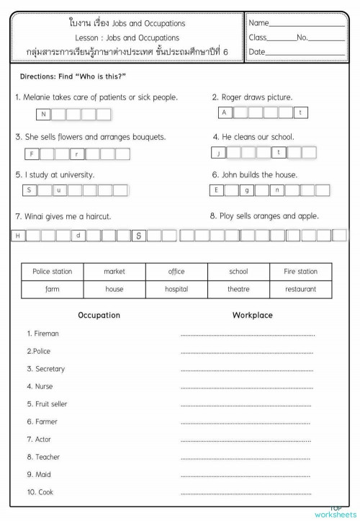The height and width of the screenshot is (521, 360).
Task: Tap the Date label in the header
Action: coord(256,52)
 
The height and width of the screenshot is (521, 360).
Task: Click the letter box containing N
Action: coord(43,114)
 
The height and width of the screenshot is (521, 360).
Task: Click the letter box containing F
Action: coord(31,153)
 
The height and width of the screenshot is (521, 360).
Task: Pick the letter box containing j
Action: coord(217,153)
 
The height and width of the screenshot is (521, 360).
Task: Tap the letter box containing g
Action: coord(247,190)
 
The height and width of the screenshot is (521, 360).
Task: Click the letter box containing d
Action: coord(78,235)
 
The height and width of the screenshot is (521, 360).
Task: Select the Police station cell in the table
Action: coord(53,272)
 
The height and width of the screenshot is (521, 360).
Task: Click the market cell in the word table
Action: coord(114,272)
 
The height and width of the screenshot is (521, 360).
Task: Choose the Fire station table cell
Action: coord(300,272)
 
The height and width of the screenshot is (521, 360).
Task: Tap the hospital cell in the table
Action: coord(176,289)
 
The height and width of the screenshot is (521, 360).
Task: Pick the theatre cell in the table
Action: coord(238,289)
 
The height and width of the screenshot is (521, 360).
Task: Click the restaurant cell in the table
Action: coord(300,289)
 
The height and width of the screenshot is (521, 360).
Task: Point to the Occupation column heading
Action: coord(99,316)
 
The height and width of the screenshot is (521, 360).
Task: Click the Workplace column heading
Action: coord(252,316)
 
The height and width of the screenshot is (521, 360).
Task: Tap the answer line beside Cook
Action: coord(246,493)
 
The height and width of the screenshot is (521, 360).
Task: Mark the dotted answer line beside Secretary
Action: coord(246,370)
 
